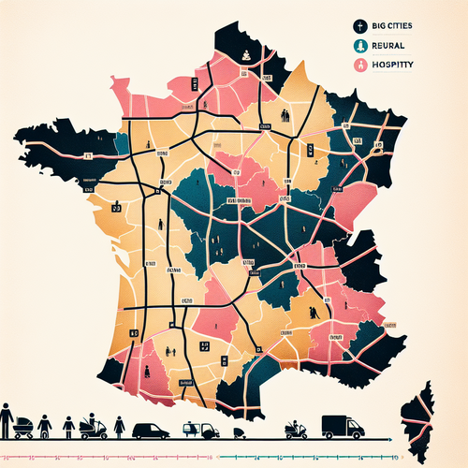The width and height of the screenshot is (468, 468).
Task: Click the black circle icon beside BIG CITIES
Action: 359,28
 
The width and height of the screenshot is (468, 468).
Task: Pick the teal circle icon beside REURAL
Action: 359,47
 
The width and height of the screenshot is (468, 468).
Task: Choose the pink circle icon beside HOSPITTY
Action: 359,66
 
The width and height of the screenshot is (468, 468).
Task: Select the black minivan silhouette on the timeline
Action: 150,431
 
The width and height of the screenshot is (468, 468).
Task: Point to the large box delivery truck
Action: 342,426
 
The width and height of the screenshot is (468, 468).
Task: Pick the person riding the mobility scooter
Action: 92,427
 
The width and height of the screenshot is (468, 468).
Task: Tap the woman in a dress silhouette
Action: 119,428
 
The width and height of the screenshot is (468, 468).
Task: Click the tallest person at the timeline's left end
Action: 6,421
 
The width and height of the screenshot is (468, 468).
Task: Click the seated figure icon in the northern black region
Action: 242,55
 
